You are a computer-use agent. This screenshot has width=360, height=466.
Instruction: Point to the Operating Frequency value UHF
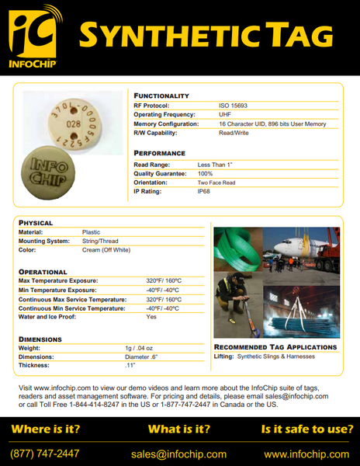pyautogui.click(x=225, y=113)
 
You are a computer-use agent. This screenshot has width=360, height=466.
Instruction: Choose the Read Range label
pyautogui.click(x=152, y=164)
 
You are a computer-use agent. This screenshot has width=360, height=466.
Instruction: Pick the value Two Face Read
pyautogui.click(x=216, y=182)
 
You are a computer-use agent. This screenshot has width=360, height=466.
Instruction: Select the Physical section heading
pyautogui.click(x=36, y=223)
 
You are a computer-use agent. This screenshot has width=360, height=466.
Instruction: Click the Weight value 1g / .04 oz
pyautogui.click(x=139, y=349)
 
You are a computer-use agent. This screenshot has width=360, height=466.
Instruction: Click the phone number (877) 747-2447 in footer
pyautogui.click(x=44, y=454)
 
